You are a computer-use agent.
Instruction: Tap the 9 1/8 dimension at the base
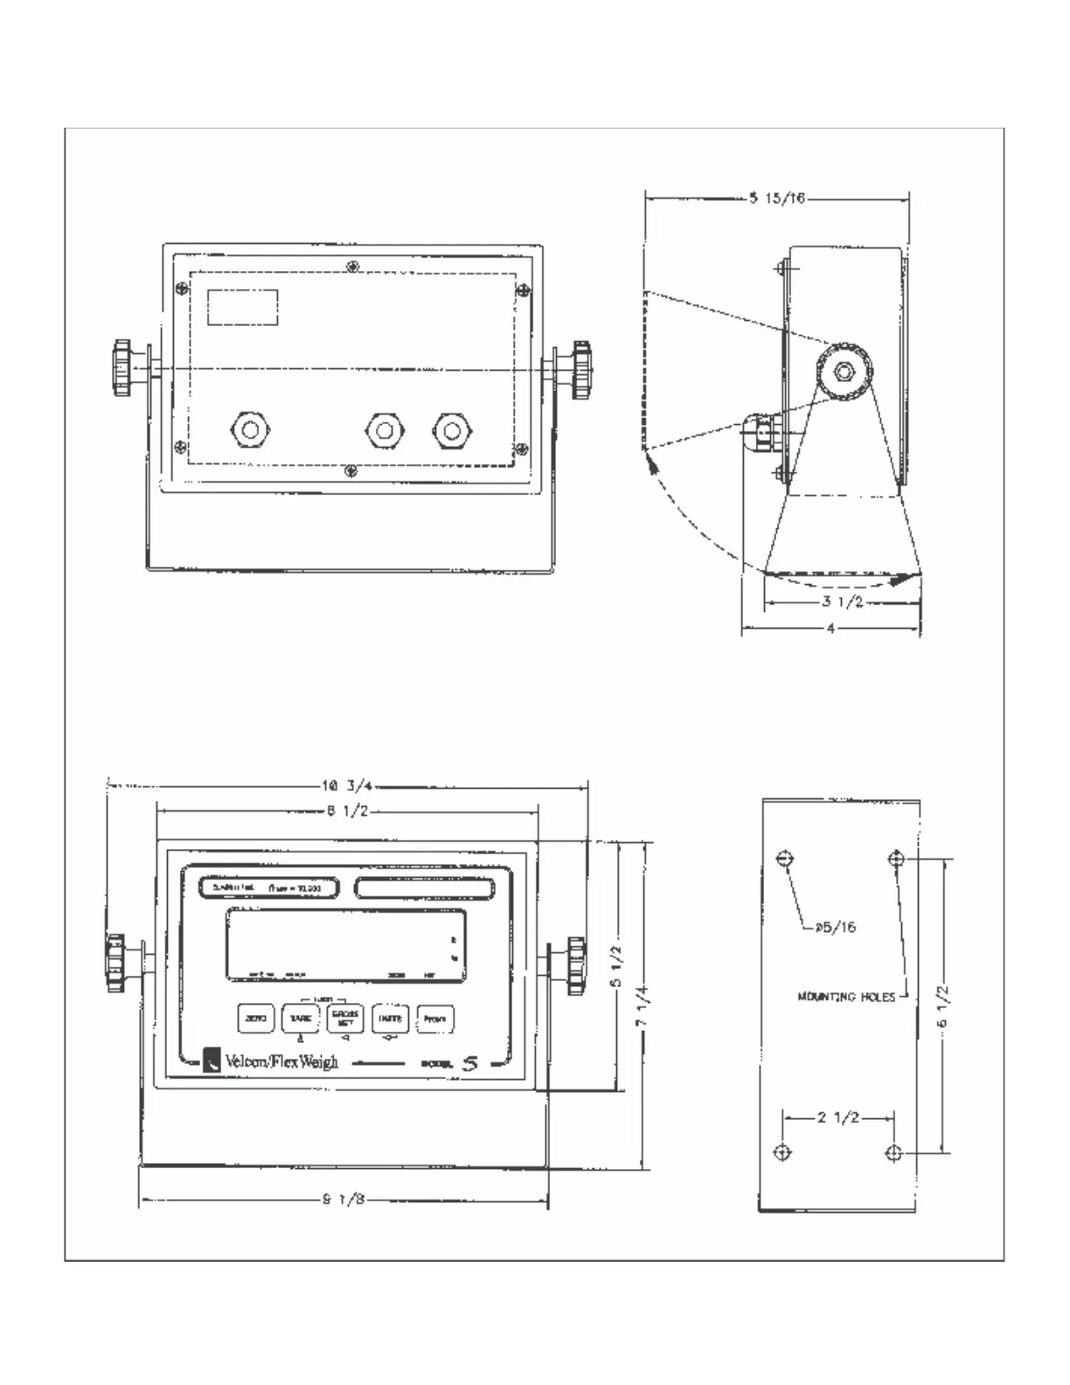coord(344,1200)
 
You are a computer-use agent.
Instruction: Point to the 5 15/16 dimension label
coord(777,198)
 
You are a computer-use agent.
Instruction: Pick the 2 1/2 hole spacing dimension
coord(838,1117)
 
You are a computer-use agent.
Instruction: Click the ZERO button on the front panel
coord(256,1019)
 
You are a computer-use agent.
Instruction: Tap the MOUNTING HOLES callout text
coord(846,996)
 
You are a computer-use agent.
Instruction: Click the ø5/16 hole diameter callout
coord(836,927)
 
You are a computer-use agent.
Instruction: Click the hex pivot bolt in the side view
coord(844,372)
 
